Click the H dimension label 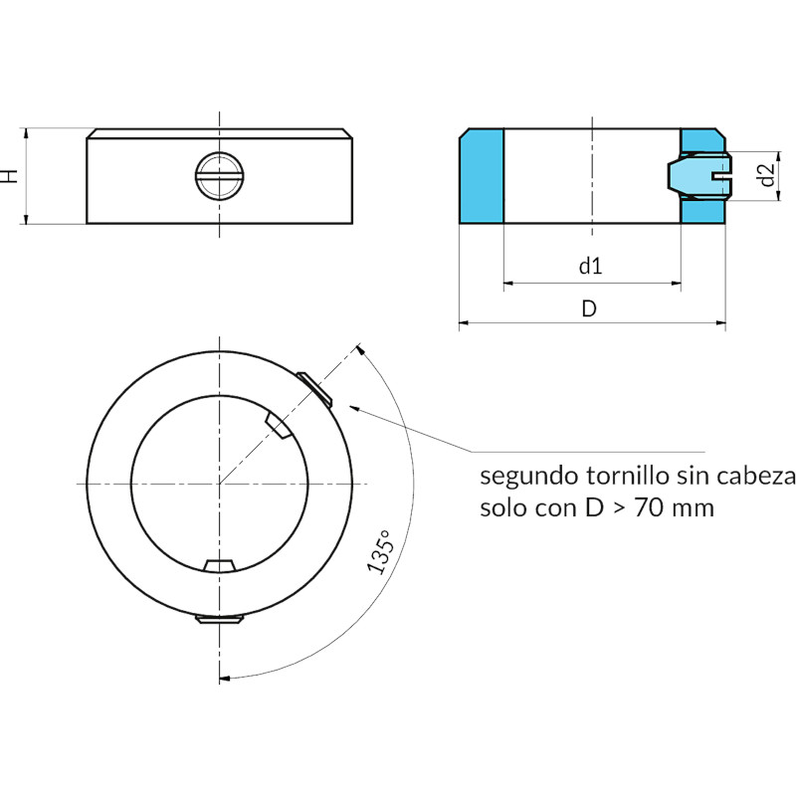point(10,176)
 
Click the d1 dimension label point(590,266)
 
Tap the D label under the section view point(589,308)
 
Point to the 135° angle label point(380,552)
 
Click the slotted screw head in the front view point(219,176)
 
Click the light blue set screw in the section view point(699,176)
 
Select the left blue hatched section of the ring point(482,176)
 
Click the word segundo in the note point(529,478)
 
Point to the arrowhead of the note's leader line point(355,408)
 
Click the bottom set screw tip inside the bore point(219,565)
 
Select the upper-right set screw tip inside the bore point(278,425)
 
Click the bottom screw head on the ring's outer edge point(219,619)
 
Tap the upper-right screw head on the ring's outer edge point(314,390)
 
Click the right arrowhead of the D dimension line point(720,322)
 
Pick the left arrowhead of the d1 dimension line point(509,283)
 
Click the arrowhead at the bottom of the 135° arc point(225,678)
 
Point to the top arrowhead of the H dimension point(26,133)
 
